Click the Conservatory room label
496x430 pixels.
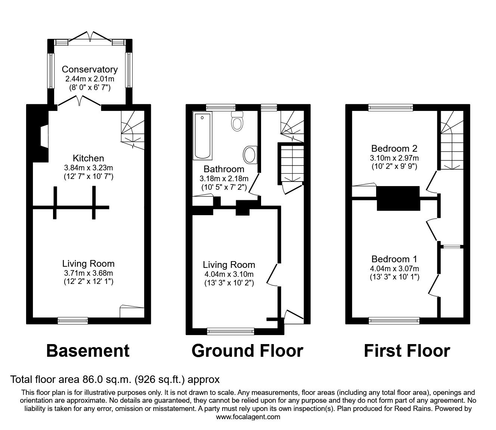coord(90,69)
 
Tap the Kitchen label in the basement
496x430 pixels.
coord(88,158)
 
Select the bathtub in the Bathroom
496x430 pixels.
coord(202,136)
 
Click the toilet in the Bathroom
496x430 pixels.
coord(237,122)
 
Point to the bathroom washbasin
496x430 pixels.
coord(250,154)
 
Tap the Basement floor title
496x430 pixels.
coord(88,351)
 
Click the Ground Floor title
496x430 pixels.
coord(247,351)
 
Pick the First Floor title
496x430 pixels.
coord(407,351)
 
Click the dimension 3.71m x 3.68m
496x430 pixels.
coord(88,273)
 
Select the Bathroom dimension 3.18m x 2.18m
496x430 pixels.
coord(224,179)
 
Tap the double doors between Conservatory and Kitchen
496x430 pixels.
coord(79,101)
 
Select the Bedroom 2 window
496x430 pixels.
coord(391,108)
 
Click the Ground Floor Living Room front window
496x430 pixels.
coord(230,330)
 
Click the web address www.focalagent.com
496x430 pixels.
coord(248,417)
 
